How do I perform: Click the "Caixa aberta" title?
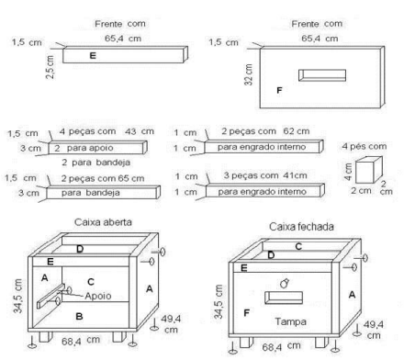[103, 222]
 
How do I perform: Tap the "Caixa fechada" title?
[301, 227]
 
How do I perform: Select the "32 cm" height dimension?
[249, 74]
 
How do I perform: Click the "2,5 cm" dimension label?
[50, 67]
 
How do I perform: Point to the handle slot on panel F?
[322, 75]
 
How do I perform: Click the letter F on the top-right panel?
[279, 90]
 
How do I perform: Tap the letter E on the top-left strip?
[93, 55]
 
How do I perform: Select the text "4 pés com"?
[365, 146]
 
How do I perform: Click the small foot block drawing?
[368, 170]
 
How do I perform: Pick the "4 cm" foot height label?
[348, 172]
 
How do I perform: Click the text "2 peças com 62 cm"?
[265, 131]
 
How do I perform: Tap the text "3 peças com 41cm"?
[265, 175]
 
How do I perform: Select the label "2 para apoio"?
[84, 148]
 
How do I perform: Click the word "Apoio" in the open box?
[98, 296]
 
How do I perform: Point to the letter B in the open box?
[79, 316]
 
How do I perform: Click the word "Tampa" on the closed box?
[290, 321]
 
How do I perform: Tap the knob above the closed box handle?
[285, 283]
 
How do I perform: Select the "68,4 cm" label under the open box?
[81, 341]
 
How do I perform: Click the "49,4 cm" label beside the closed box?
[374, 330]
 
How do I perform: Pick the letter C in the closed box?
[298, 246]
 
